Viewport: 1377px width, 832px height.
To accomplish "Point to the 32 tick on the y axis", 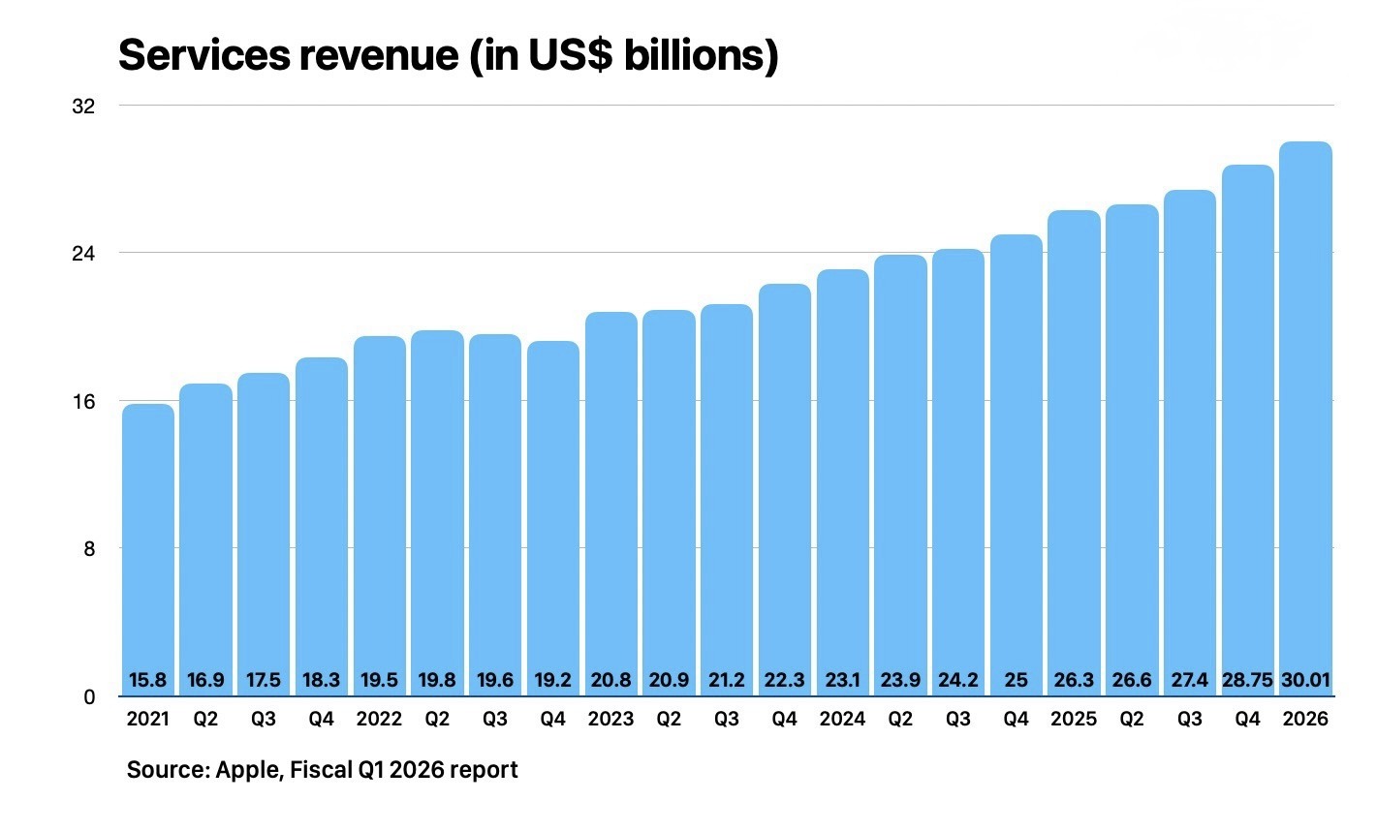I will [83, 106].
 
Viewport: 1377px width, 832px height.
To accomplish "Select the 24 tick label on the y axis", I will [83, 253].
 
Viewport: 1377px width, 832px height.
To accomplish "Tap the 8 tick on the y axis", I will [88, 548].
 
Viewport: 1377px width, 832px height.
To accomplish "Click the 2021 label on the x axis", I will [147, 719].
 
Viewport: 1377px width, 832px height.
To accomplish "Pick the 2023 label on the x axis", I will [611, 719].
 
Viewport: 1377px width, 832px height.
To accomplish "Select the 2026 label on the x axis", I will [1305, 719].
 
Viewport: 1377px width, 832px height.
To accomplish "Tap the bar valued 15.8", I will [147, 542].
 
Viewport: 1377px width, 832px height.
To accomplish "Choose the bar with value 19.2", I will [553, 513].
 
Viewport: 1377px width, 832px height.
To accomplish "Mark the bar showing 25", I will [1017, 455].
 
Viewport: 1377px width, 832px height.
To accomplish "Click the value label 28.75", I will [1247, 680].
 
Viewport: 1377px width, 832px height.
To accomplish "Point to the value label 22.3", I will [785, 680].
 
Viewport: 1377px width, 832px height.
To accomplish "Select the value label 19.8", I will [437, 680].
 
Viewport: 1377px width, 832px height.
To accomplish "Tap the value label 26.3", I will [1074, 680].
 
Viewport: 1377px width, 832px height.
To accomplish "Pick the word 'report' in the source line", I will [484, 770].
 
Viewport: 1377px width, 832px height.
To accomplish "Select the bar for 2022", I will [380, 513].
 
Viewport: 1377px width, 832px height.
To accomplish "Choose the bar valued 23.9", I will [900, 465].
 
